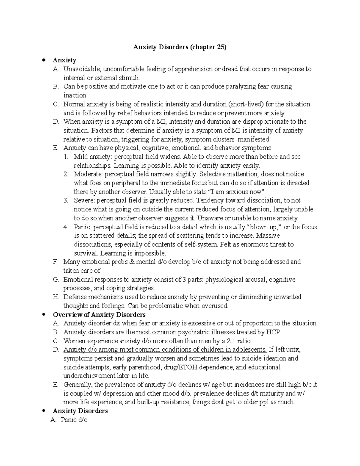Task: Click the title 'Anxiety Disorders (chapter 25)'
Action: pyautogui.click(x=180, y=47)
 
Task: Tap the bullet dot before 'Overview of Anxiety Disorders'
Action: pyautogui.click(x=44, y=314)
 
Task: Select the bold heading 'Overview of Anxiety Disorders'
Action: pyautogui.click(x=99, y=314)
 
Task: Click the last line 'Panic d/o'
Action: pyautogui.click(x=74, y=420)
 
